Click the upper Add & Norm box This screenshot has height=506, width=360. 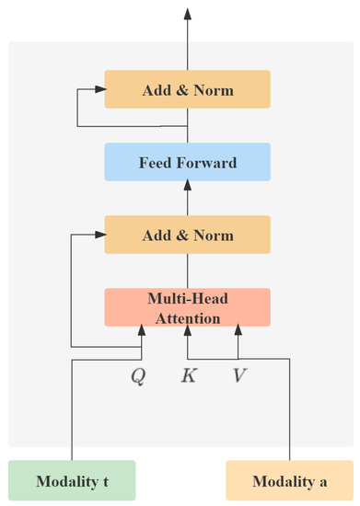tap(187, 90)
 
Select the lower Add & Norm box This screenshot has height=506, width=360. tap(187, 236)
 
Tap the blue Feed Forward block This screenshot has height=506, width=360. tap(187, 163)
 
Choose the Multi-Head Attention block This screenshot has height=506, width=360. tap(187, 307)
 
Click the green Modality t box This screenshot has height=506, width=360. tap(72, 481)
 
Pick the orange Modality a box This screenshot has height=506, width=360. tap(290, 481)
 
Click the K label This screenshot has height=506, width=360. tap(188, 376)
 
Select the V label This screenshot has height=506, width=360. tap(238, 376)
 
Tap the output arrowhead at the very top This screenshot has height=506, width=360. tap(187, 14)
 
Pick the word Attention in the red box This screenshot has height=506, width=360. tap(187, 318)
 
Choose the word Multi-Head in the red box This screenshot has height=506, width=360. tap(187, 298)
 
